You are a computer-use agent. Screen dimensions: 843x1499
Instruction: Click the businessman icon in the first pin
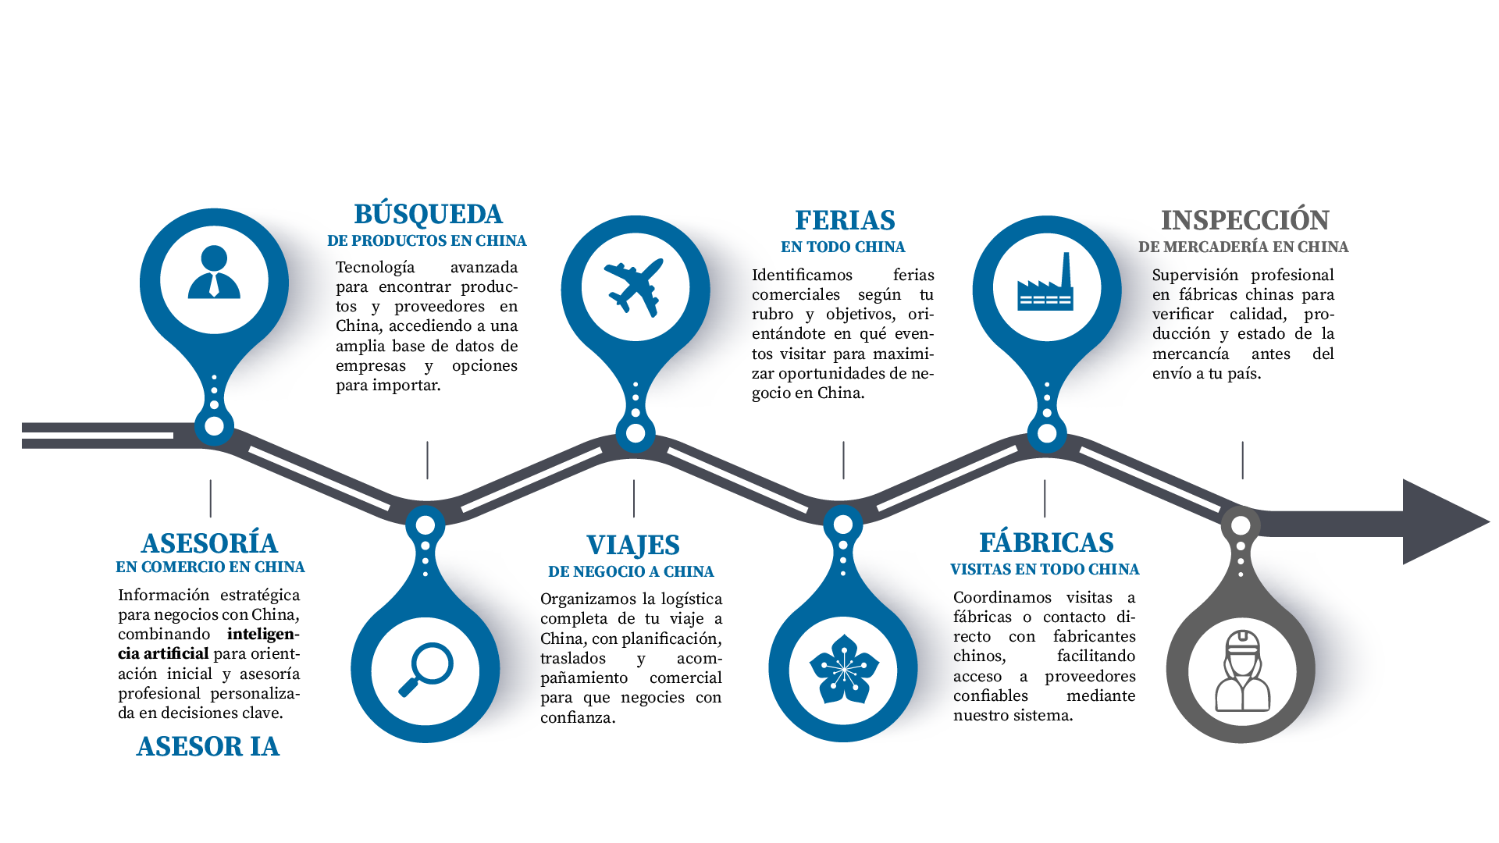point(214,273)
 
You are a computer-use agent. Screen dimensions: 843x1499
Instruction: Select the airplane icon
point(634,286)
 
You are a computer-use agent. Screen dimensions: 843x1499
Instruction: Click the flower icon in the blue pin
point(843,669)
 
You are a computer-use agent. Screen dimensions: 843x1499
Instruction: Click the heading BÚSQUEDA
point(428,214)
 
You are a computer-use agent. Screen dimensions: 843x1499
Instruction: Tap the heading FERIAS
point(845,220)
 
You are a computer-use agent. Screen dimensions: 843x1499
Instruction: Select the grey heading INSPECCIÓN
point(1244,220)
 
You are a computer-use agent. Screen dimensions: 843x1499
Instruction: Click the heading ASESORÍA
point(209,542)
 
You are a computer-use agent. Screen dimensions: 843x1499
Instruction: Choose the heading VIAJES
point(632,545)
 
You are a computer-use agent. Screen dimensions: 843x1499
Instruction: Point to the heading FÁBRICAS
point(1046,542)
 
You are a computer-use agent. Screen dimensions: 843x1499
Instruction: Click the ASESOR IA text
point(208,746)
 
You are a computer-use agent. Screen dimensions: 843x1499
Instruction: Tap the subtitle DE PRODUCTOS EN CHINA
point(426,240)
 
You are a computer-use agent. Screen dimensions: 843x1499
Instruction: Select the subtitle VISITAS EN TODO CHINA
point(1045,569)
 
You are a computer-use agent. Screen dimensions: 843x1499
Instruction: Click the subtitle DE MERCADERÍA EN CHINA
point(1243,247)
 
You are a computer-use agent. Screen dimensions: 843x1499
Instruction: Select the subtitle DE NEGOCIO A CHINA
point(631,571)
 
